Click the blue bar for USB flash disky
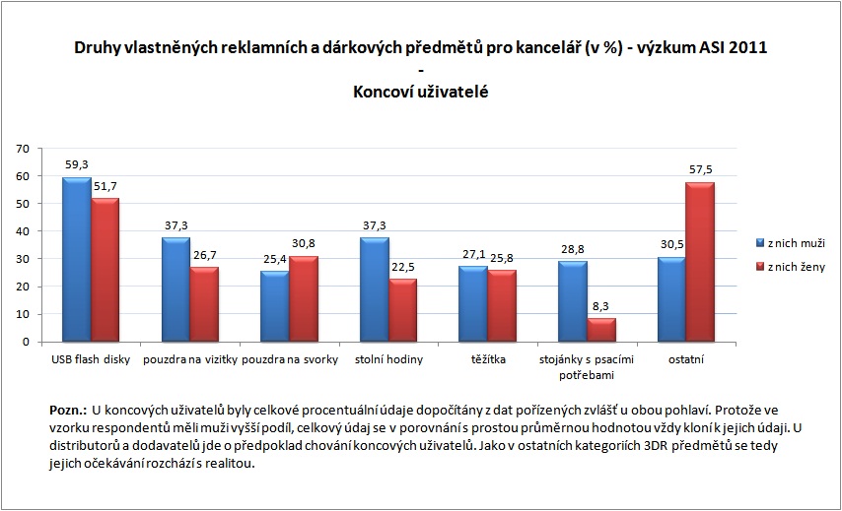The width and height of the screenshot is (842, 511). tap(76, 260)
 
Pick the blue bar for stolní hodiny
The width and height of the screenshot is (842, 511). tap(375, 289)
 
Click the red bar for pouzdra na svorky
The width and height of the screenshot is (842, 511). tap(304, 298)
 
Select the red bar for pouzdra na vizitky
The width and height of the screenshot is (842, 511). tap(204, 304)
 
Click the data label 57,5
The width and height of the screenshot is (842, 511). tap(700, 170)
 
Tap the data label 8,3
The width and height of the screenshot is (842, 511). tap(600, 307)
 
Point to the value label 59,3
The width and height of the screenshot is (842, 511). tap(76, 165)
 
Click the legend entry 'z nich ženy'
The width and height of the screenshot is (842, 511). tap(797, 268)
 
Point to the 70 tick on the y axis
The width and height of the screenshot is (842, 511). tap(22, 149)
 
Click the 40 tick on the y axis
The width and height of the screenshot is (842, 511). tap(22, 231)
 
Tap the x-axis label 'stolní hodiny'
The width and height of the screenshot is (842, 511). tap(388, 359)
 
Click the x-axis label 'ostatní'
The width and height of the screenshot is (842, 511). tap(686, 359)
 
